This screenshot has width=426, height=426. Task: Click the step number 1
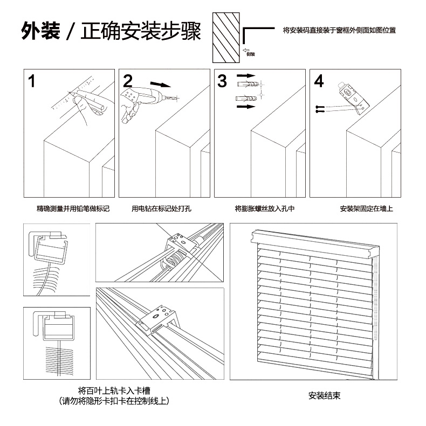[x=32, y=82]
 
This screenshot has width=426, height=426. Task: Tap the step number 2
[x=128, y=81]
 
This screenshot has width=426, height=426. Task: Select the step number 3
[x=223, y=81]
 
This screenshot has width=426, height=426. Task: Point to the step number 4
[x=319, y=81]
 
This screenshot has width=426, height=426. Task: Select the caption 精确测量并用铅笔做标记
[x=73, y=208]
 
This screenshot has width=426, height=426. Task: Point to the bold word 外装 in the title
[x=40, y=32]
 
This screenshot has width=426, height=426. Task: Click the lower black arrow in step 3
[x=245, y=107]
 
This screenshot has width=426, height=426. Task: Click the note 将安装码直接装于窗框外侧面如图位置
[x=339, y=31]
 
